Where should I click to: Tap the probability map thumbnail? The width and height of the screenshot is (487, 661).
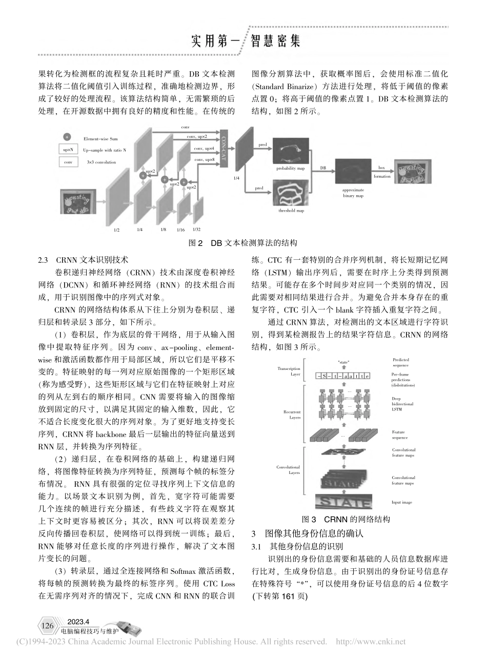tap(291, 152)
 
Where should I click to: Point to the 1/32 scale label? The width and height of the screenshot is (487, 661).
tap(197, 229)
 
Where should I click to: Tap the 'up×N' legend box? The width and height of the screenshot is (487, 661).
tap(68, 150)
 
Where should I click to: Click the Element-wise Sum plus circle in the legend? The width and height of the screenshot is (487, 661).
tap(67, 138)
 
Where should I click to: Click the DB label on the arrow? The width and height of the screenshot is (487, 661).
tap(322, 168)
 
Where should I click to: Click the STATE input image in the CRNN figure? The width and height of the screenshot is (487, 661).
tap(339, 501)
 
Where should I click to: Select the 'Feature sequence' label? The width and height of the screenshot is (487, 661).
tap(400, 435)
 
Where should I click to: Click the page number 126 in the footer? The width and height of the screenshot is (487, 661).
tap(48, 626)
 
